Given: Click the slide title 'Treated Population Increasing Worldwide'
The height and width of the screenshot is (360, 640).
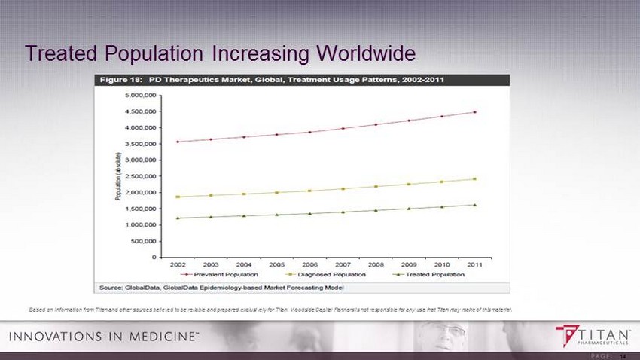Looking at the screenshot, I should point(220,53).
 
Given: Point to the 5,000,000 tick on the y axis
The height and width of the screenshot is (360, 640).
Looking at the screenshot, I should point(141,96).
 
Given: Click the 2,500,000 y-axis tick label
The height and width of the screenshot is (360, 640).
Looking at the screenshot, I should point(141,176).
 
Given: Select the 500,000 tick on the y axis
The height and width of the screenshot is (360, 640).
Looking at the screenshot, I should point(143,241).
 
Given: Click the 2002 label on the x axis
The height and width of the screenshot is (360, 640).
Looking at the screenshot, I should point(178,265).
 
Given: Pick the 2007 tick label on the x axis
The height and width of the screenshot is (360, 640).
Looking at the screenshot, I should point(343,265).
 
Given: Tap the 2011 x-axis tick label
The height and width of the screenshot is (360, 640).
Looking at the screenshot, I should point(474,265).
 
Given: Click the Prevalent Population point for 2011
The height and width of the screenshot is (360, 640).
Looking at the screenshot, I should point(474,112).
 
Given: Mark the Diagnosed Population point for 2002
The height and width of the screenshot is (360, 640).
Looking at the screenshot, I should point(178,197).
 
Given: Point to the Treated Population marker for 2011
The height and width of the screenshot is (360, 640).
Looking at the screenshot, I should point(474,205).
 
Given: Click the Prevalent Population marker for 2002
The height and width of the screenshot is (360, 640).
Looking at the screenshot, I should point(178,142).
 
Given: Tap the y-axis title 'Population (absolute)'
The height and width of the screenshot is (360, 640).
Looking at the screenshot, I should point(118,176).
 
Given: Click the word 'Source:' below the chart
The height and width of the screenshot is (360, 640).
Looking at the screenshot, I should point(110,287).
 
